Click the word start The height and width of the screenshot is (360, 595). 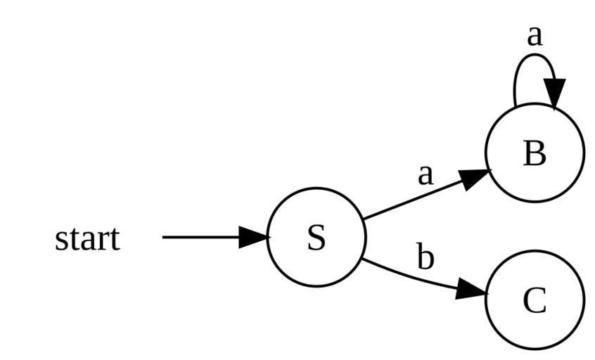87,239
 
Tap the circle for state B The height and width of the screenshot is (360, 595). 559,176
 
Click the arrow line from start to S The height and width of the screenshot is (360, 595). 200,237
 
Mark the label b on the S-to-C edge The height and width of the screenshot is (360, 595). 425,257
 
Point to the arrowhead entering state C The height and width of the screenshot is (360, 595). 471,290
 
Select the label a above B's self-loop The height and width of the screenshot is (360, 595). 535,34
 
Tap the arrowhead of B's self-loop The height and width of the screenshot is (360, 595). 554,93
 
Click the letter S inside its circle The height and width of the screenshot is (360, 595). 316,238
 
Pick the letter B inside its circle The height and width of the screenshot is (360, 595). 535,153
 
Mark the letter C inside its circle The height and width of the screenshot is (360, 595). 535,301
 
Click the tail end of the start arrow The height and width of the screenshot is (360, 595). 165,237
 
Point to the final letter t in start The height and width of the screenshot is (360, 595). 115,240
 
